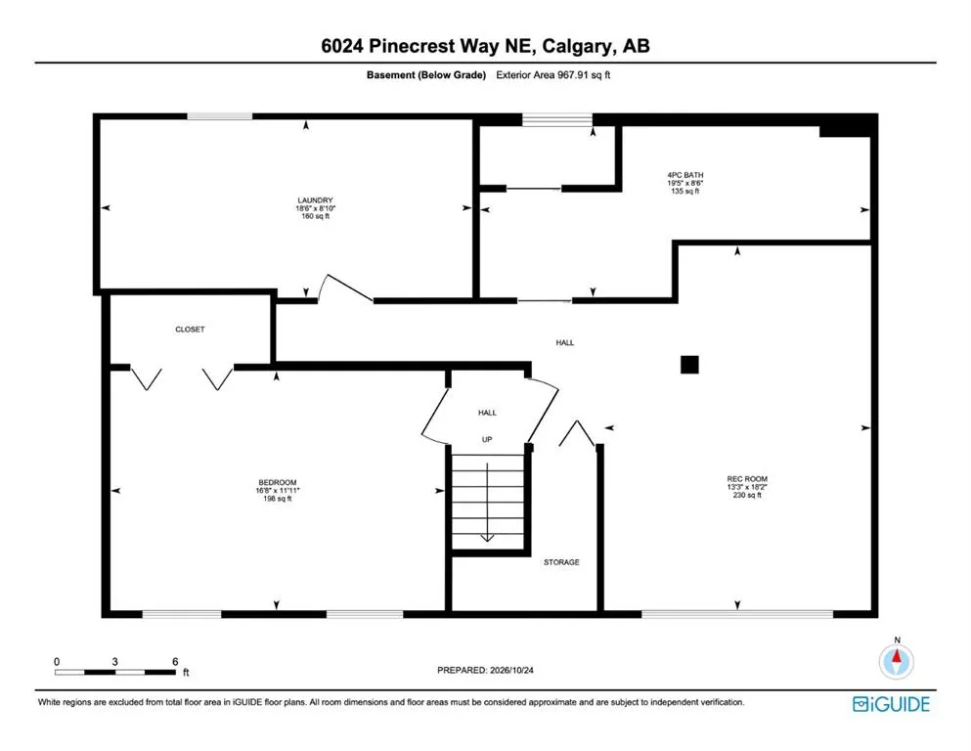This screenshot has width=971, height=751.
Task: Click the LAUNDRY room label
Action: point(315,200)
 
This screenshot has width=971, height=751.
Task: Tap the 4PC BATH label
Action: point(684,175)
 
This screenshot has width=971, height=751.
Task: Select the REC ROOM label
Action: point(747,478)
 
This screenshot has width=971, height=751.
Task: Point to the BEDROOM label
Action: point(278,482)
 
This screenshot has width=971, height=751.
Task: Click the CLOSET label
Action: point(190,330)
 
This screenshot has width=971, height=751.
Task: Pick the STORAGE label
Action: point(561,562)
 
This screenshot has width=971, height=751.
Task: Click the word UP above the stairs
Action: point(487,440)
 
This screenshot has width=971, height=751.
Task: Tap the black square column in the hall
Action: point(689,365)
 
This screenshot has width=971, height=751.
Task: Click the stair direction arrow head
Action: point(487,538)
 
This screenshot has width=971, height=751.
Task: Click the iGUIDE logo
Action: point(891,705)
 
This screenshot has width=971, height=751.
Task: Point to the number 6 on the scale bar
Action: point(175,662)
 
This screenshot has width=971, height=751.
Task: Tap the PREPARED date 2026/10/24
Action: point(511,670)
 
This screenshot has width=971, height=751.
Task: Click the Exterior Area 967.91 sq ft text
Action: point(553,75)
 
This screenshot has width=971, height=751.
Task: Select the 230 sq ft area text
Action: point(747,495)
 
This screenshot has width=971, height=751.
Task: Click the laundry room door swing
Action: point(344,287)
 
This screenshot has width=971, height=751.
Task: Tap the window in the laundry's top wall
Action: point(220,116)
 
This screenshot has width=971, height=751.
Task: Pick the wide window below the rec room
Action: point(737,614)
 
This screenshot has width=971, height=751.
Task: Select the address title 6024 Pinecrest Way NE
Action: point(428,46)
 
